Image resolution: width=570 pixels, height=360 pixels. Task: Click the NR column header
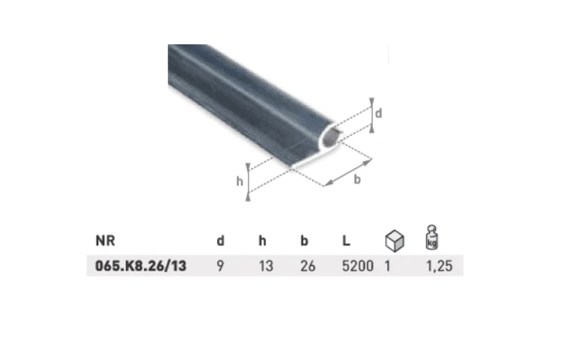tap(105, 241)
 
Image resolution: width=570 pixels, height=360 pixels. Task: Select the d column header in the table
tap(220, 241)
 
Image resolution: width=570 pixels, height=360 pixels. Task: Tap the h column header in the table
tap(263, 241)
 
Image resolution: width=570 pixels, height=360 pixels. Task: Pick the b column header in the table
tap(304, 241)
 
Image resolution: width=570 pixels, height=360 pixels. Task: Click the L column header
tap(346, 241)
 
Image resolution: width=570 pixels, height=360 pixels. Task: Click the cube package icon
tap(394, 241)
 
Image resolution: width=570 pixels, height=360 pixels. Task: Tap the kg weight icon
tap(432, 237)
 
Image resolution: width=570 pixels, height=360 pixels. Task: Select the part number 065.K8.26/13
tap(141, 266)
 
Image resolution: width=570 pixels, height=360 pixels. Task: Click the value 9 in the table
tap(220, 266)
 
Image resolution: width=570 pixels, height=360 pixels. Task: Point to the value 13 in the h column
tap(266, 266)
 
